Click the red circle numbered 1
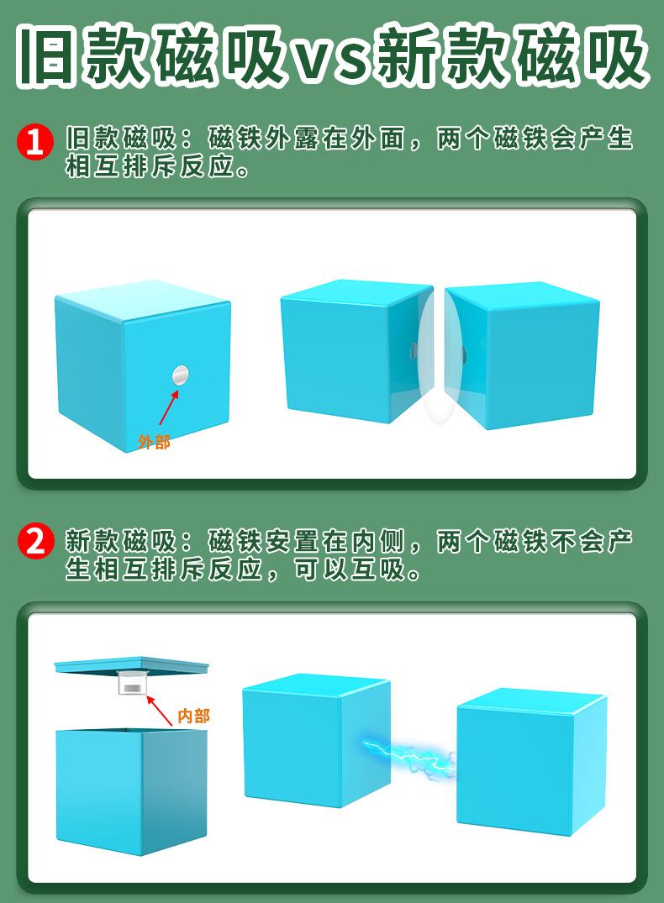[34, 141]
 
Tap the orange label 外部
[154, 442]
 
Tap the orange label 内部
[193, 716]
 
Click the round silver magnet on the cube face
[181, 375]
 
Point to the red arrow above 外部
[168, 407]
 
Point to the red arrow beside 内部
[160, 710]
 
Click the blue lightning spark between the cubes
[408, 756]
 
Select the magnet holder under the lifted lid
[133, 683]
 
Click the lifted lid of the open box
[132, 665]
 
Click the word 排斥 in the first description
[150, 167]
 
